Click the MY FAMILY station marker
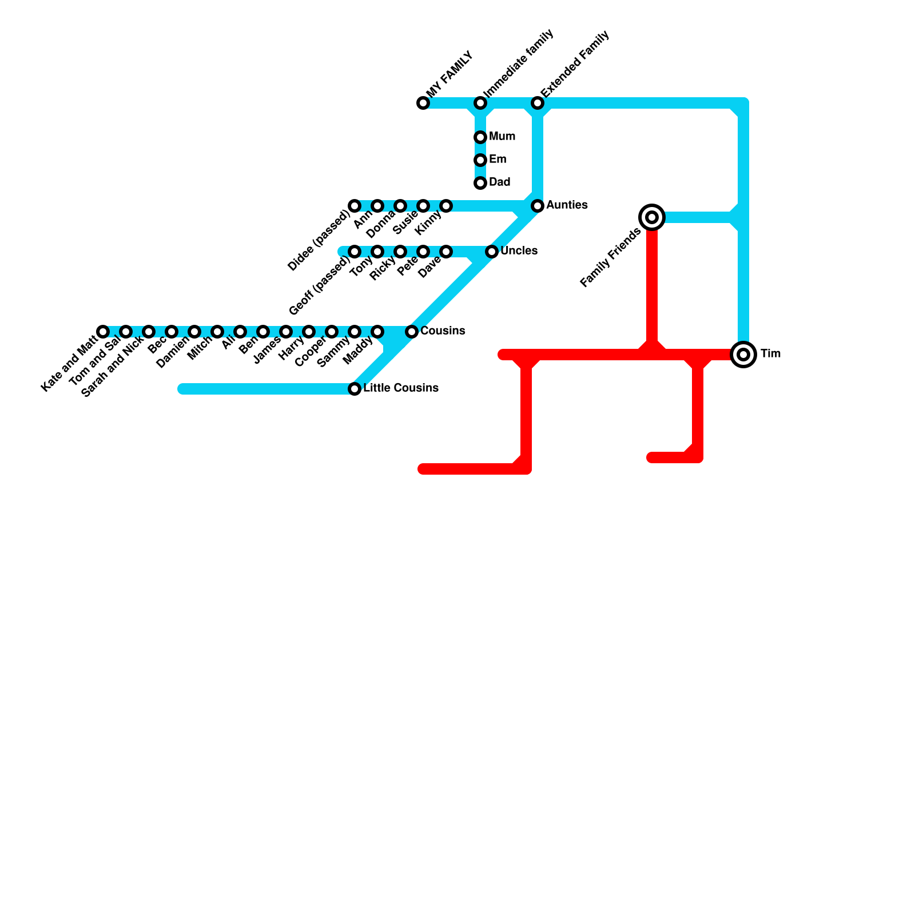pos(423,103)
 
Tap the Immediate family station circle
pos(480,103)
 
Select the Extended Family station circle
pos(538,103)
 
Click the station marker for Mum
pos(480,137)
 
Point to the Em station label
pos(498,160)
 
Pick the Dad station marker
pos(480,183)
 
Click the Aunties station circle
pos(538,206)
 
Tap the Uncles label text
pos(519,251)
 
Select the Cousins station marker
pos(412,332)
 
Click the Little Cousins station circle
pos(355,389)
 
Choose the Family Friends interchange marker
pos(652,217)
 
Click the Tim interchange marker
pos(743,355)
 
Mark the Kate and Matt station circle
pos(103,332)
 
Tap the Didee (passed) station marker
pos(355,206)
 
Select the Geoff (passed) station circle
pos(355,252)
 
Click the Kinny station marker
pos(446,206)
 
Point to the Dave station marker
pos(446,252)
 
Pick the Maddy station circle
pos(377,332)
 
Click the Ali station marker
pos(240,332)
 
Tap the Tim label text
pos(770,354)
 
